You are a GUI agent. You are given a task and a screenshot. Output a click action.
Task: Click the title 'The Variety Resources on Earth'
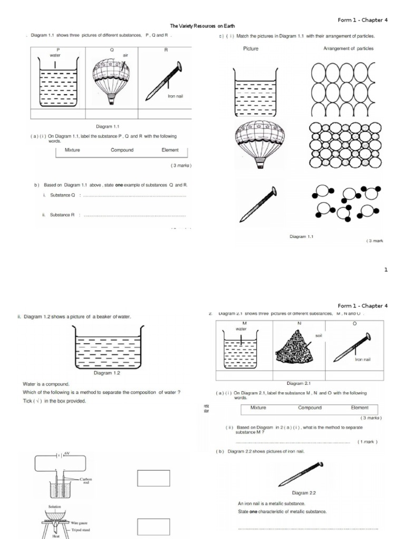coord(202,26)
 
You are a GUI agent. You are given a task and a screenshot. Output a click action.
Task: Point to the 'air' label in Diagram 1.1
coord(126,55)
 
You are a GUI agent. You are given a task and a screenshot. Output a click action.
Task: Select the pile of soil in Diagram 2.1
coord(295,349)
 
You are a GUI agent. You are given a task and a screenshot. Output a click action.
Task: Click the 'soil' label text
coord(319,335)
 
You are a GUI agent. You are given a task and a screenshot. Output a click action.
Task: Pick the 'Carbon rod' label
coord(86,481)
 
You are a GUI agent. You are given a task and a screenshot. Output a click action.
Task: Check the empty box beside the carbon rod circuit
coord(153,478)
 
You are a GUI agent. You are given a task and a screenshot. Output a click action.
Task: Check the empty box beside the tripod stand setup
coord(153,527)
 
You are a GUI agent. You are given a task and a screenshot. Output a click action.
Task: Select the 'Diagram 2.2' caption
coord(304,493)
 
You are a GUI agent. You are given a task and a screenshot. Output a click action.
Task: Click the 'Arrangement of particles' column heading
coord(348,48)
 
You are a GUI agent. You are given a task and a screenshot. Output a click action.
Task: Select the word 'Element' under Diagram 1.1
coord(170,150)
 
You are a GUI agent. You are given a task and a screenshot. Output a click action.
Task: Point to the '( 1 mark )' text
coord(368,442)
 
